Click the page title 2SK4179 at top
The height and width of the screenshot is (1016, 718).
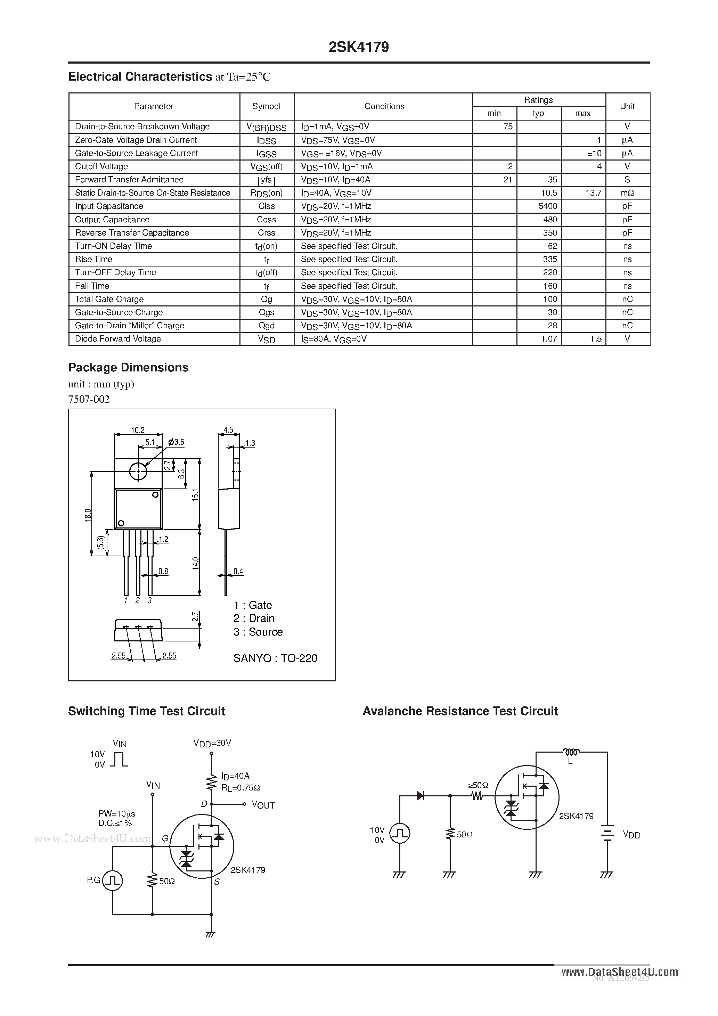pos(359,47)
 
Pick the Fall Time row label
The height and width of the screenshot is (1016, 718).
pos(92,286)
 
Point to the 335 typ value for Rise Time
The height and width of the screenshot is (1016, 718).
pos(550,259)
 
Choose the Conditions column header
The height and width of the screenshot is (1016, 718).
pos(384,106)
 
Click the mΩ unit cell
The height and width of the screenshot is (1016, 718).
pos(627,193)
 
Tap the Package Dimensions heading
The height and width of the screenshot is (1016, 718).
pos(128,368)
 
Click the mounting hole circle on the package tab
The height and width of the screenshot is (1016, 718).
pos(138,472)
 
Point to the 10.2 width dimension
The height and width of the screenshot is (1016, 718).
pos(138,430)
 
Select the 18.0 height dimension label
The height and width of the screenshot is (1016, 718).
pos(88,515)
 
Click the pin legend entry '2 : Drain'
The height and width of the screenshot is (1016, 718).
pos(254,618)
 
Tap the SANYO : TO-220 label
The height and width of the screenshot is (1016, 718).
pos(275,658)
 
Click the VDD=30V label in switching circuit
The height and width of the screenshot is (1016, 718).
pos(212,743)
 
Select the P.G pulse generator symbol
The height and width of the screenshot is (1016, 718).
pos(113,880)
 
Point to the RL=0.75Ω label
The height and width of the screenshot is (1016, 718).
pos(240,788)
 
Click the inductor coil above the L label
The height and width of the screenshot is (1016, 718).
pos(571,752)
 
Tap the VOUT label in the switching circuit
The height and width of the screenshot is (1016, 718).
pos(263,805)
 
